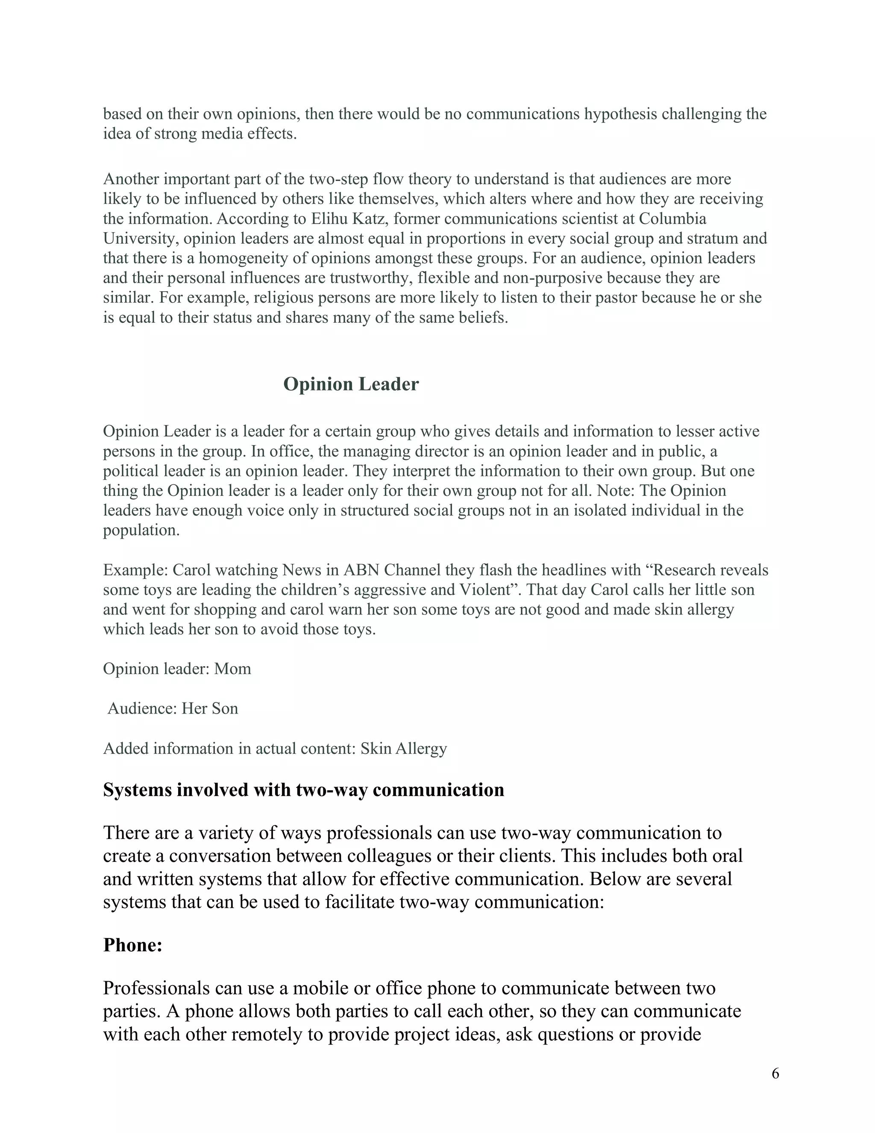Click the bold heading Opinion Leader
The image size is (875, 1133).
351,384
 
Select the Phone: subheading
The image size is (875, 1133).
133,945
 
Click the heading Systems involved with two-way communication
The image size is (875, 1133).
303,790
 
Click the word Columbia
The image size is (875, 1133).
672,219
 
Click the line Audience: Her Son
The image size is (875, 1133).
173,708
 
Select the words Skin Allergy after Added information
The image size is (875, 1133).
404,749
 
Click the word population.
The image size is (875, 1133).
141,531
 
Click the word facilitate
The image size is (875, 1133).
360,902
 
